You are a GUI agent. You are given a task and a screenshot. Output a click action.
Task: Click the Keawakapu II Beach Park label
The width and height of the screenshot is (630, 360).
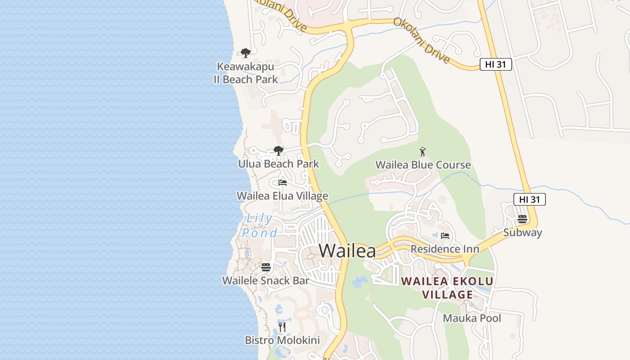[245, 73]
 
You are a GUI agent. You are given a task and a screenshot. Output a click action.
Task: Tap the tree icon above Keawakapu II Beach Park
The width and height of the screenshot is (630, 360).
[245, 53]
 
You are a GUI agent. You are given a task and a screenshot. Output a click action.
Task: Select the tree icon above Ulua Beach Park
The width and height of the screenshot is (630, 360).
[279, 151]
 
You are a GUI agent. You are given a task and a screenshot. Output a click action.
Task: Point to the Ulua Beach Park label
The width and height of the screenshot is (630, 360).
[279, 164]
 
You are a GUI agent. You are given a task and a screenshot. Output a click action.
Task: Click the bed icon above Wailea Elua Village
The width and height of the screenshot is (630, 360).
[283, 183]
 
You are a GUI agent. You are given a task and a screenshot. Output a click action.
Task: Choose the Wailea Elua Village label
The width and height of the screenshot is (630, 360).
[282, 196]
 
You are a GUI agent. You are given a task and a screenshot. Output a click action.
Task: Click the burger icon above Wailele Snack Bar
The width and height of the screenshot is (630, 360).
[266, 267]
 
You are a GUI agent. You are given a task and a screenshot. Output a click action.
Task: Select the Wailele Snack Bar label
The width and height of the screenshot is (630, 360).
[265, 281]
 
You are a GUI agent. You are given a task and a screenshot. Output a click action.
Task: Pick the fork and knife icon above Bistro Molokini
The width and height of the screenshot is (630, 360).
[282, 327]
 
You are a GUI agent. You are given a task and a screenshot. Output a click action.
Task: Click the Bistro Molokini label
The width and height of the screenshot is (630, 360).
[282, 340]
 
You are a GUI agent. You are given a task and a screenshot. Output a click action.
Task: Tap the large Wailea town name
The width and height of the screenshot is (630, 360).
[347, 251]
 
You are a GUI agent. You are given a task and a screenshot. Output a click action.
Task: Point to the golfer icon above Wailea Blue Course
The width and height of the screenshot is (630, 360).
[423, 152]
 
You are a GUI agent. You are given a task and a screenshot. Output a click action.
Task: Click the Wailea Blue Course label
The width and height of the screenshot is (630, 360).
[423, 165]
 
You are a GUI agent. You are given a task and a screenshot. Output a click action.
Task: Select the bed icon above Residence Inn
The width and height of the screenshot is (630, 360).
[445, 235]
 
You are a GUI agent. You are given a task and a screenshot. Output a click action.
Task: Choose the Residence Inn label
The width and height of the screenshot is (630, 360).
[445, 249]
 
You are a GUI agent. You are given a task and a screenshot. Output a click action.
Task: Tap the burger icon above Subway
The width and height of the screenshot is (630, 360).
[522, 219]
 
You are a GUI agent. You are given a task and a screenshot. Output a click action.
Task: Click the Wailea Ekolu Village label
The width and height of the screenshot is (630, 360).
[447, 288]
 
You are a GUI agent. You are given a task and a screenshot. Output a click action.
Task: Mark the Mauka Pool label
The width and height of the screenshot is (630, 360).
[472, 318]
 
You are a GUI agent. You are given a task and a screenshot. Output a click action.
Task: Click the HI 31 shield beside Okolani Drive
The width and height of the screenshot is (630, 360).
[495, 64]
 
